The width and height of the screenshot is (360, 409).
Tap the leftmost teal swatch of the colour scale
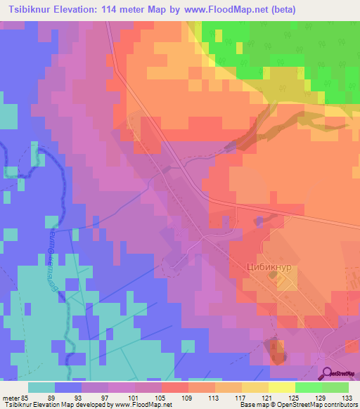click(x=41, y=387)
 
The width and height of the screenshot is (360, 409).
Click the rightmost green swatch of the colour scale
click(x=335, y=387)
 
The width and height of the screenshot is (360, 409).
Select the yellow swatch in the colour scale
click(x=282, y=387)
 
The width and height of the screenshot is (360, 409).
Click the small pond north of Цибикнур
click(x=259, y=222)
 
